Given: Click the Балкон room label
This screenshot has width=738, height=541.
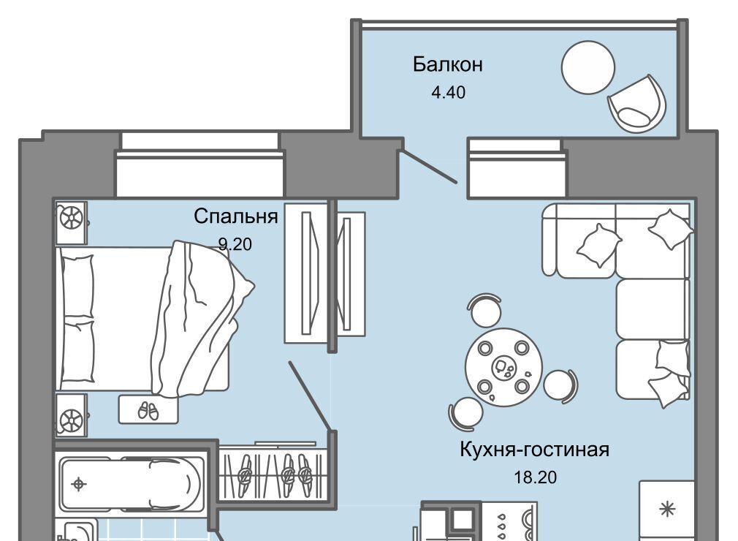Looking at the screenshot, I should tap(447, 64).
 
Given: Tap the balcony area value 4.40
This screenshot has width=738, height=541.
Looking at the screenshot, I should tap(448, 93).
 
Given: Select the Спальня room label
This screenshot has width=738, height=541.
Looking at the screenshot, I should tap(235, 216).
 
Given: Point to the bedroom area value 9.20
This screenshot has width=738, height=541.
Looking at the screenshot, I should tap(235, 244).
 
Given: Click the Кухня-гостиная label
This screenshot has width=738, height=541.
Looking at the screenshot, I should tap(534, 449).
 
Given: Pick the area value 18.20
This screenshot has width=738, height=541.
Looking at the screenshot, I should tap(535, 477).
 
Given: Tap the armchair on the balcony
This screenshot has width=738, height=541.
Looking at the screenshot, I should tap(637, 104).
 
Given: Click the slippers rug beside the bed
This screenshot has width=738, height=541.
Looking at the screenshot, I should tap(148, 410).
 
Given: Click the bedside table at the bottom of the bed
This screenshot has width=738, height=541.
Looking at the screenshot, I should tap(72, 417).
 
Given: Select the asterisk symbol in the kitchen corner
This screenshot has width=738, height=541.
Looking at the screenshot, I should tap(667, 510).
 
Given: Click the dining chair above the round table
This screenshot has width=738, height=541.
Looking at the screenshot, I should tap(485, 311).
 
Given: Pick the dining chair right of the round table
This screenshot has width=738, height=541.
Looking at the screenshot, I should tap(560, 386).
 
